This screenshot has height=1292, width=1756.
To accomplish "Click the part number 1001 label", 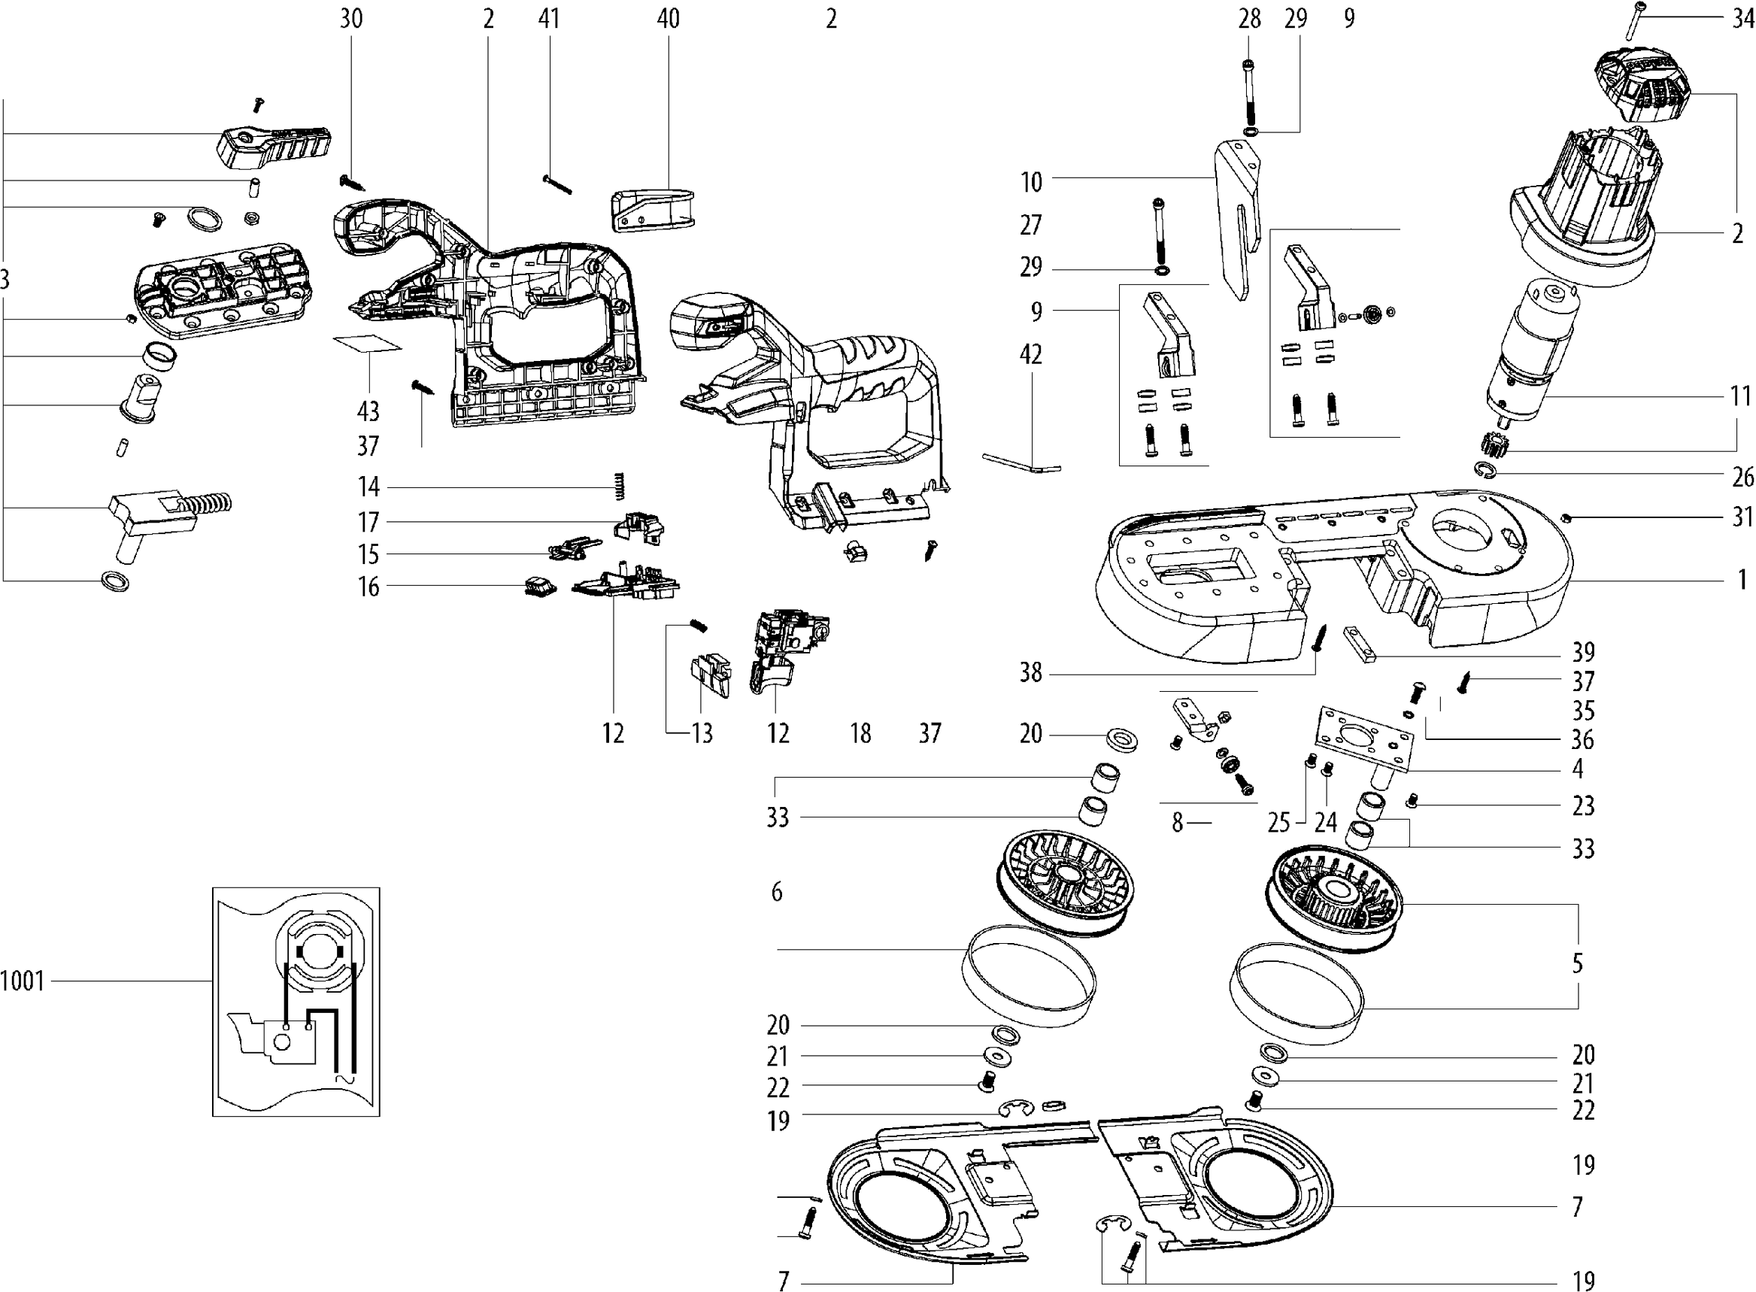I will coord(23,981).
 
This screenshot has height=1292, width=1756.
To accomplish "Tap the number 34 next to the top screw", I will coord(1742,19).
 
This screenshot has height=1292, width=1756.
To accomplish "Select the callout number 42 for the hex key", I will coord(1031,354).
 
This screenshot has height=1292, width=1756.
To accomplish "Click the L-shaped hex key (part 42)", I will coord(1021,463).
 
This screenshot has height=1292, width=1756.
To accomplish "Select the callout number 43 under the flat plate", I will coord(368,411).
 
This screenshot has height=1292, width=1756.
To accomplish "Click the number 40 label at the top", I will coord(668,19).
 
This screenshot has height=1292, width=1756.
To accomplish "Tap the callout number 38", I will coord(1031,672).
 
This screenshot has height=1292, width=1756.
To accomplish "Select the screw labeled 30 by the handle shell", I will coord(352,183).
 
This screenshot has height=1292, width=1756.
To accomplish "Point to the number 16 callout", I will coord(368,587).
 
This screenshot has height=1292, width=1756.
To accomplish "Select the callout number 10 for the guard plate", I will coord(1032,182).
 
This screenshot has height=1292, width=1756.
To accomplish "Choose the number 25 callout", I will coord(1278,823).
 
